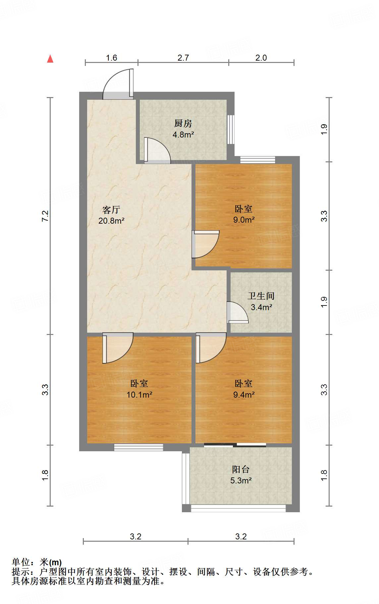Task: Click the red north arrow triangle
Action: click(50, 59)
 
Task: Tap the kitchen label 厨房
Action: click(183, 124)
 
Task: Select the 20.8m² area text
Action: click(111, 220)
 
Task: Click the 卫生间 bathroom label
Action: click(261, 296)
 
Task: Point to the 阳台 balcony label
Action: click(241, 469)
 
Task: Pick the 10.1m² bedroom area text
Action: click(139, 395)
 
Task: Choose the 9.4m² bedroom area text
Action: click(244, 395)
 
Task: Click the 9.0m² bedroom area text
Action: click(244, 220)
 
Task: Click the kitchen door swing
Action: click(157, 150)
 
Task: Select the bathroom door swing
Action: click(238, 312)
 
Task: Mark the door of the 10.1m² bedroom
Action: click(118, 348)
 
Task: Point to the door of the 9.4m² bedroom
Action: click(211, 348)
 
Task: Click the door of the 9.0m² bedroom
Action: click(205, 244)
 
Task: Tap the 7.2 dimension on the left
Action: click(45, 216)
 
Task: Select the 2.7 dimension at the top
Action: click(183, 58)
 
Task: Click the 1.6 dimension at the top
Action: click(112, 58)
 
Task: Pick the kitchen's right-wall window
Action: click(231, 130)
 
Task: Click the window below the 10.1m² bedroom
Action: click(138, 447)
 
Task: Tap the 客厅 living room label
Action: click(111, 210)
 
